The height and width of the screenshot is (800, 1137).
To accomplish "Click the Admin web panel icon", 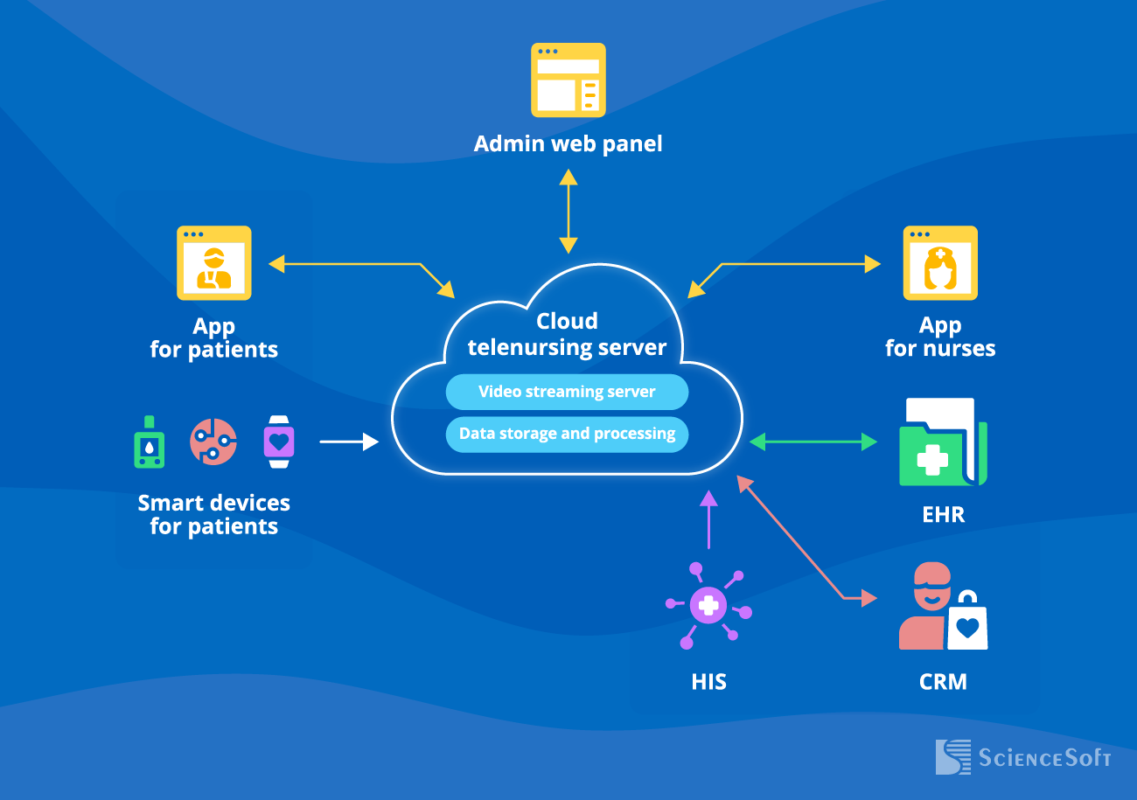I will pyautogui.click(x=568, y=80).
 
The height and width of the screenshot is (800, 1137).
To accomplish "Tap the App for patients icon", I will pyautogui.click(x=214, y=263).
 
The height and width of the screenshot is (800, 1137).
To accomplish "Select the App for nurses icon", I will pyautogui.click(x=940, y=263).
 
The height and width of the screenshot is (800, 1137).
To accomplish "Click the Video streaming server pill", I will pyautogui.click(x=567, y=392).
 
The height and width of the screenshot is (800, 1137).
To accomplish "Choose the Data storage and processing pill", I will pyautogui.click(x=567, y=434).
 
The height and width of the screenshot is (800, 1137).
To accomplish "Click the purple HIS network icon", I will pyautogui.click(x=708, y=605).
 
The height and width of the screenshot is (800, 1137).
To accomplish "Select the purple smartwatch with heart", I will pyautogui.click(x=279, y=442).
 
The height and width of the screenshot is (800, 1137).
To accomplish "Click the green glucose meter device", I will pyautogui.click(x=150, y=442).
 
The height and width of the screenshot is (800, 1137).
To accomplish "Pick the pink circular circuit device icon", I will pyautogui.click(x=213, y=442).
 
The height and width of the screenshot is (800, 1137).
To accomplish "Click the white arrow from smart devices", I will pyautogui.click(x=348, y=442).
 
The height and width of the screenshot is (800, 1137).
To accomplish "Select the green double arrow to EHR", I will pyautogui.click(x=813, y=442).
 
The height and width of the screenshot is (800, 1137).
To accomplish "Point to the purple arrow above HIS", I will pyautogui.click(x=708, y=519).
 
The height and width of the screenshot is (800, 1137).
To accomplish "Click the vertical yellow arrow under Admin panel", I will pyautogui.click(x=568, y=211).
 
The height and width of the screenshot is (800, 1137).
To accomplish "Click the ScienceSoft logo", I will pyautogui.click(x=1022, y=756).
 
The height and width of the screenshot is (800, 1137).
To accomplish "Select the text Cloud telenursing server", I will pyautogui.click(x=567, y=335).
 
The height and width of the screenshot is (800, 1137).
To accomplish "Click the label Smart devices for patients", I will pyautogui.click(x=214, y=514).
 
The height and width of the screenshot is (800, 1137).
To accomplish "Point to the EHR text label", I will pyautogui.click(x=943, y=514).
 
